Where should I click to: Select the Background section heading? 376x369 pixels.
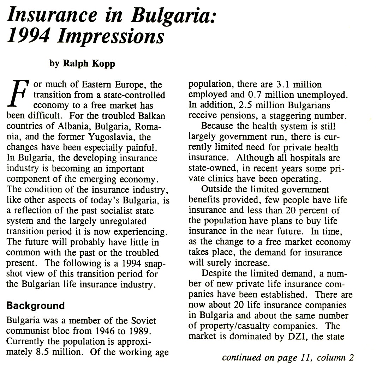36,305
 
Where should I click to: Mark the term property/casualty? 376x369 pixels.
231,326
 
